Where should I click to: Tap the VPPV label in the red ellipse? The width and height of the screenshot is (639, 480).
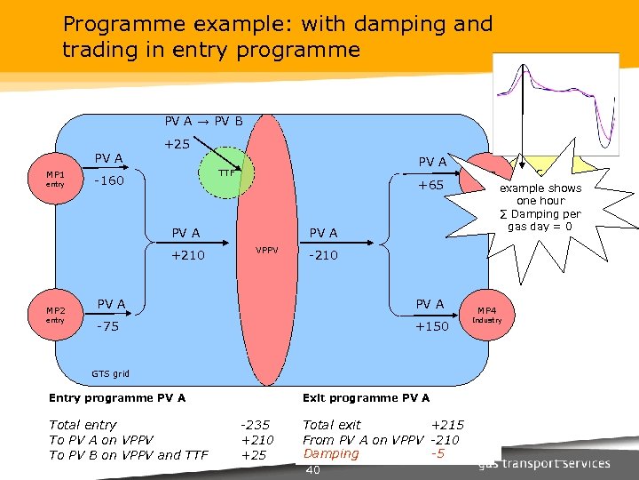[267, 250]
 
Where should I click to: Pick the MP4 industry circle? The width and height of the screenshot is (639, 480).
[486, 315]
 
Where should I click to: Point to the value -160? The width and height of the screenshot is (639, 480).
[110, 181]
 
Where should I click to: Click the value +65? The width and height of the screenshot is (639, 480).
[431, 185]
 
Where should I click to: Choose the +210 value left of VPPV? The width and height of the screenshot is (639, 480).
[187, 255]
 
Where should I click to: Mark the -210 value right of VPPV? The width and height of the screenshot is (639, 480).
[322, 255]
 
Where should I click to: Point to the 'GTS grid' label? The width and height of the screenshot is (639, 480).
[111, 373]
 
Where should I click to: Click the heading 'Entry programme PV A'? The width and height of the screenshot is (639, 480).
[117, 397]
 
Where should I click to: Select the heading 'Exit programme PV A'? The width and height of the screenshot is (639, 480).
[366, 397]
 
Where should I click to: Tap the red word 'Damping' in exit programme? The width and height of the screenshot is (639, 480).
[331, 453]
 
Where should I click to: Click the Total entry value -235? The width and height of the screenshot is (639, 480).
[256, 425]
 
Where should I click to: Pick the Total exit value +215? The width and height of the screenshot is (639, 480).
[447, 425]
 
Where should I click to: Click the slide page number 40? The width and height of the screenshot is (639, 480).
[312, 469]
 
